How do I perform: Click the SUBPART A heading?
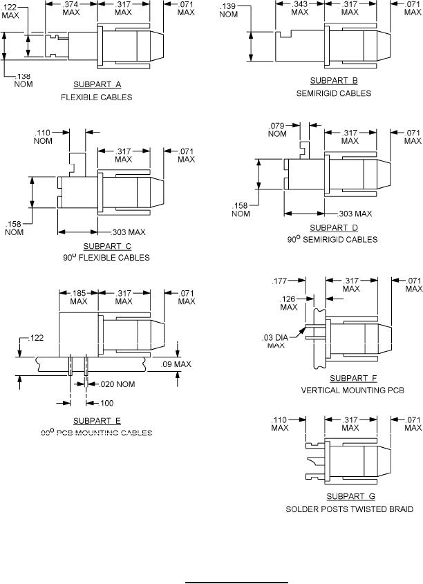tap(97, 84)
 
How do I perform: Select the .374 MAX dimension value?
tap(72, 8)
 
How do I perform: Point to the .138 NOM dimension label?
tap(23, 79)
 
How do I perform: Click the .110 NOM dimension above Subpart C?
tap(43, 136)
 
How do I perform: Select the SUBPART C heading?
tap(107, 246)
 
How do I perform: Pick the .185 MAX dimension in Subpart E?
tap(79, 297)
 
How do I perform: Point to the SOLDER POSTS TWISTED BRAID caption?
tap(350, 509)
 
